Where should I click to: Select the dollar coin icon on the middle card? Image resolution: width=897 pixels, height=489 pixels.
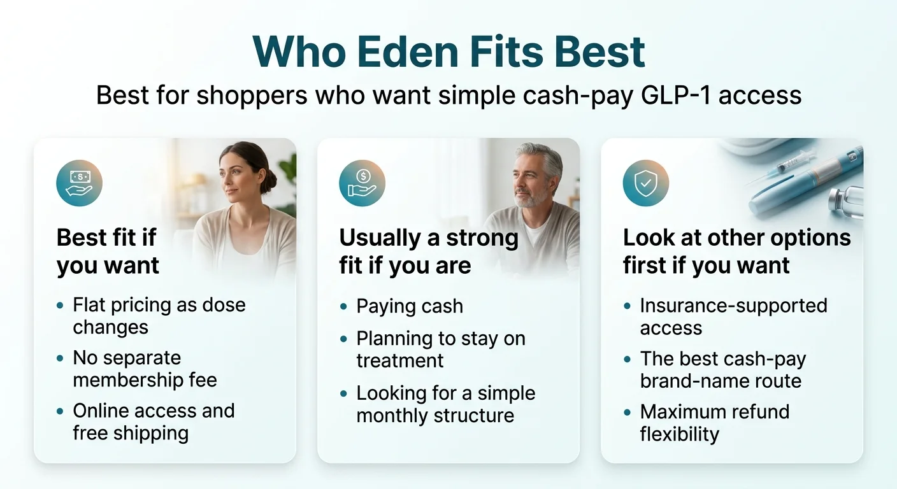coord(362,182)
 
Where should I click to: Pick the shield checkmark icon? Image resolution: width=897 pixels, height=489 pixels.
coord(645,182)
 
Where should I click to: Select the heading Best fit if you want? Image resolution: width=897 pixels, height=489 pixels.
coord(107,251)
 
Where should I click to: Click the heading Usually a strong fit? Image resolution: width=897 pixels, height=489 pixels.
coord(428,251)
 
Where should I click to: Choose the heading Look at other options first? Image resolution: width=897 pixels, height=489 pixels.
coord(736,251)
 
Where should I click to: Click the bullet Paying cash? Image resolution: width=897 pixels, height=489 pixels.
coord(409,306)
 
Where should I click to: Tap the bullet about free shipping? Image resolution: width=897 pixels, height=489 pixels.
coord(153,422)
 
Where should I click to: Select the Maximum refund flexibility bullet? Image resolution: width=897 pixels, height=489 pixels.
coord(714,423)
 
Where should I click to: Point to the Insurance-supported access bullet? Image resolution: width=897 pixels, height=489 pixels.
coord(733,316)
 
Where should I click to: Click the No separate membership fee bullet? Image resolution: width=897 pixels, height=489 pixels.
coord(145,369)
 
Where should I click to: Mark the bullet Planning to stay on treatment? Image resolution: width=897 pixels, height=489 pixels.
coord(440,349)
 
